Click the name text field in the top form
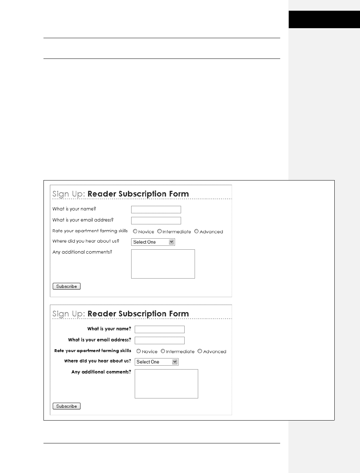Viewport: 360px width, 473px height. (156, 209)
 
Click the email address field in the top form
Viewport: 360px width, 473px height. (156, 220)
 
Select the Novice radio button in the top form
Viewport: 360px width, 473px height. (135, 231)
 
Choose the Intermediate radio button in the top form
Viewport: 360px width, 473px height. (159, 231)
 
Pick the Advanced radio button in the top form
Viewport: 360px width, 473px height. (196, 231)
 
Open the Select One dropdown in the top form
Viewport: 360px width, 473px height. (153, 242)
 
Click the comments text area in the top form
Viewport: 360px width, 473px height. (163, 264)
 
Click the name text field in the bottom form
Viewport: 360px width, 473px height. (159, 329)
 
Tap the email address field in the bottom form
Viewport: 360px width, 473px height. (159, 340)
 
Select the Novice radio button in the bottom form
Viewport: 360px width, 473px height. (139, 351)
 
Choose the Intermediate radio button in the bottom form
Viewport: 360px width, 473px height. (163, 351)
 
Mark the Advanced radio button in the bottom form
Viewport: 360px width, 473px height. (200, 351)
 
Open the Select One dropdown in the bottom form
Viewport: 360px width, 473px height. (156, 362)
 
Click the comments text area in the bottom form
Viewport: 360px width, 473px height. (166, 383)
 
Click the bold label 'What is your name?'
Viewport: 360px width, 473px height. (109, 329)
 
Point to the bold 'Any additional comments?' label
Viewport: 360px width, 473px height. (101, 372)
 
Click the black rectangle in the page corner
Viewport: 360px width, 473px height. (324, 19)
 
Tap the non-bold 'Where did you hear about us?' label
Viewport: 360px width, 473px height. (86, 241)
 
